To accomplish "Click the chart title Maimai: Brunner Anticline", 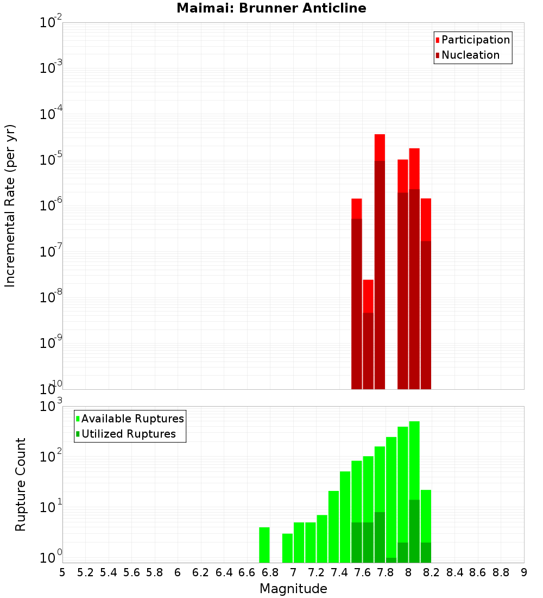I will point(271,8).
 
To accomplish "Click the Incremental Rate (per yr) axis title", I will point(10,205).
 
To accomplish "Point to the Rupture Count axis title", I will point(21,484).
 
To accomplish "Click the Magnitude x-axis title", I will point(293,589).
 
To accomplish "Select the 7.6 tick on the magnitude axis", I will point(362,572).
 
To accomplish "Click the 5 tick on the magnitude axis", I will point(62,572).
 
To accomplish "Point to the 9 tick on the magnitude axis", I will point(524,572).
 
